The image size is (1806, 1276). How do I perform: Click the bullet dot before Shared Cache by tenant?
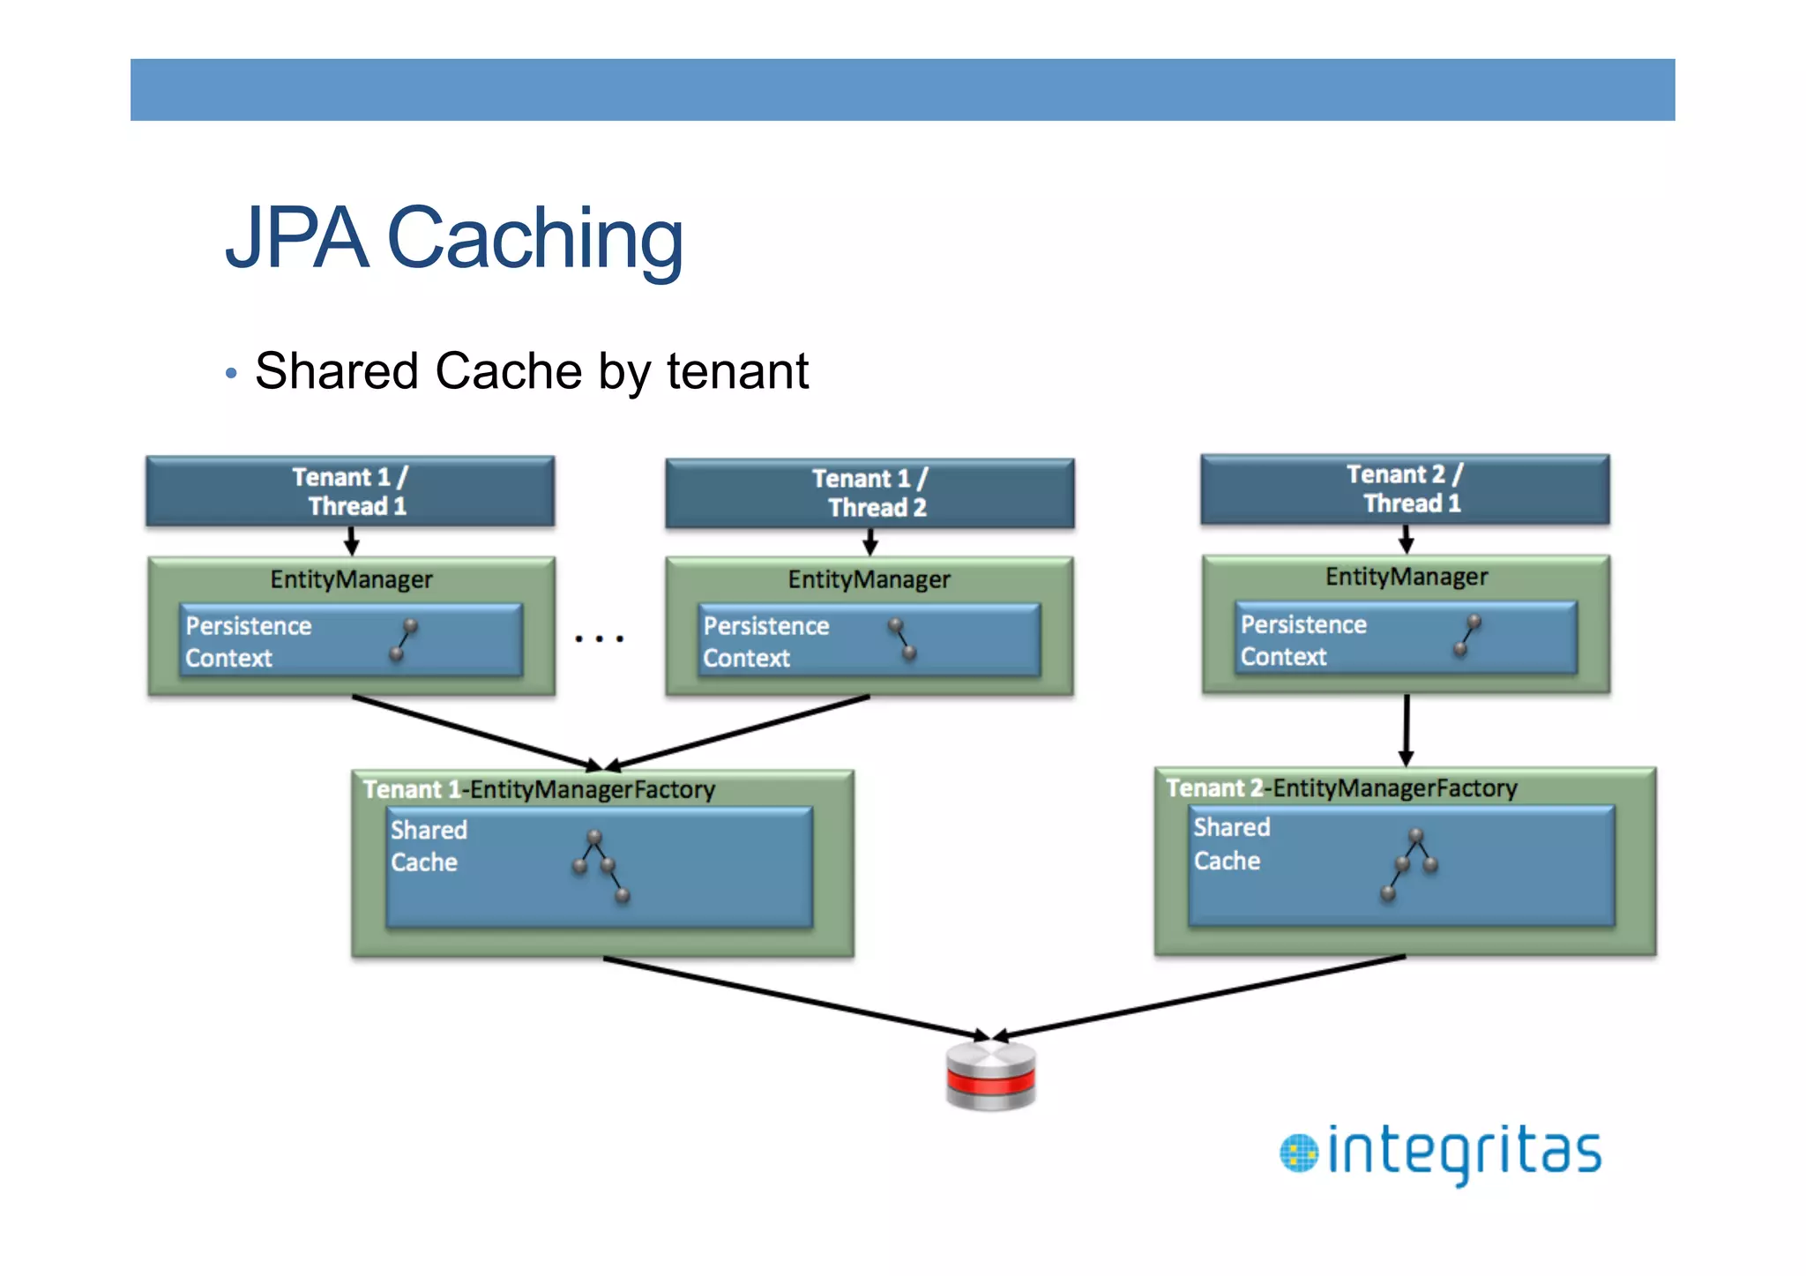(231, 373)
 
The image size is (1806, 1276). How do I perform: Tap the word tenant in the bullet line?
(737, 371)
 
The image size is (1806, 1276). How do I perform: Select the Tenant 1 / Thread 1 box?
(350, 491)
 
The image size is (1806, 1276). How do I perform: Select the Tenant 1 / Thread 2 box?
(869, 493)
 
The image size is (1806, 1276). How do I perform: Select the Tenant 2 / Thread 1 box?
(1405, 489)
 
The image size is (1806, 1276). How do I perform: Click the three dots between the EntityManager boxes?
(599, 638)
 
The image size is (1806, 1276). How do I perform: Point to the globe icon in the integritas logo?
(1298, 1153)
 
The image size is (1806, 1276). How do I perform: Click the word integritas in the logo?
(1464, 1152)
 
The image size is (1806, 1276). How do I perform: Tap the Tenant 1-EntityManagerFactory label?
(539, 789)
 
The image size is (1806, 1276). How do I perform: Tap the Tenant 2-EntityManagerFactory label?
(1341, 787)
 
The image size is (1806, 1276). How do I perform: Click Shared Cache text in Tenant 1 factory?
(429, 846)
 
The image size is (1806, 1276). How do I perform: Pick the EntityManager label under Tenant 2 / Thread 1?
(1406, 577)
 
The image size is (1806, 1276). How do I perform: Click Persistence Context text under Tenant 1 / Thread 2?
(765, 642)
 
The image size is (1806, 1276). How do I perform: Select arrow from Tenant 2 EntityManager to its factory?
(1406, 729)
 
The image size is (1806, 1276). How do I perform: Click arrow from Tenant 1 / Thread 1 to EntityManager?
(351, 541)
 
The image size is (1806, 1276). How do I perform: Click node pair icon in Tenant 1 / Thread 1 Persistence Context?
(404, 640)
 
